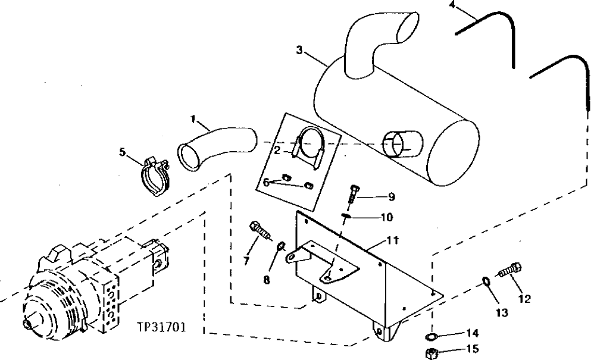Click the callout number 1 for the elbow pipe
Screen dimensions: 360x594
[x=193, y=118]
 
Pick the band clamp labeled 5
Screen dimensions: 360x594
[x=156, y=176]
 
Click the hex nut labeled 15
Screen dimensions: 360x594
[x=431, y=353]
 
